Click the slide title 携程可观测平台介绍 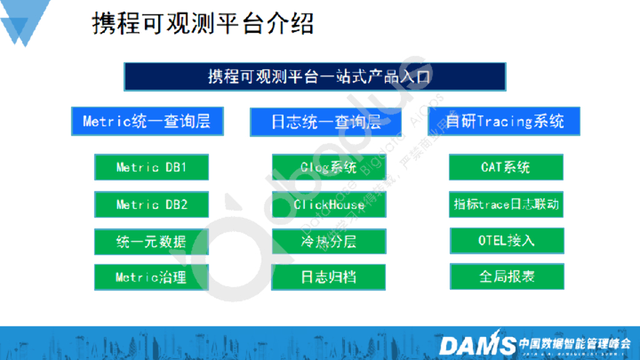(x=202, y=24)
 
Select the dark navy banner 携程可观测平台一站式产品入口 (x=314, y=77)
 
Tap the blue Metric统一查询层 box (x=146, y=121)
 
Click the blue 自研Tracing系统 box (x=504, y=121)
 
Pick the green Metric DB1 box (x=151, y=167)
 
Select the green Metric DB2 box (x=151, y=204)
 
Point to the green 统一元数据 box (x=151, y=241)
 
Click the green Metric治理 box (x=151, y=277)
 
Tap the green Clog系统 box (x=329, y=167)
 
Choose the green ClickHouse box (x=329, y=204)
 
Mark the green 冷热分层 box (x=329, y=241)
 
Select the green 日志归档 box (x=329, y=277)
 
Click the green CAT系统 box (x=506, y=167)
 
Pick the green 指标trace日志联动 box (x=506, y=204)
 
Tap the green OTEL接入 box (x=506, y=241)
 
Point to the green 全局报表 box (x=506, y=276)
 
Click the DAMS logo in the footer (x=477, y=344)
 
